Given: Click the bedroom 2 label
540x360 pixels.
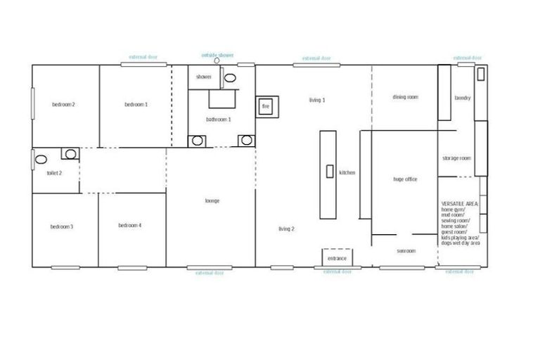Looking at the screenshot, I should (63, 105).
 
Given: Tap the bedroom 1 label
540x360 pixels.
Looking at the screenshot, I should (136, 105).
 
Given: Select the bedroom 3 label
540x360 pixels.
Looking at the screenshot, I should (62, 226).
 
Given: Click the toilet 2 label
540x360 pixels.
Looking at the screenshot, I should (54, 172).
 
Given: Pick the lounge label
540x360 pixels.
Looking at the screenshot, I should (212, 201).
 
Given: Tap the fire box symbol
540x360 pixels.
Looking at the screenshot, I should (266, 106).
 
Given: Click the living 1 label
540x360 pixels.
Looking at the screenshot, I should (316, 101).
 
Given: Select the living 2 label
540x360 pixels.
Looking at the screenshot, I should (286, 229).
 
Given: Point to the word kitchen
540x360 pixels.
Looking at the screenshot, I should (347, 172).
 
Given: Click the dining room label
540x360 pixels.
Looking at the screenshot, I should (405, 97).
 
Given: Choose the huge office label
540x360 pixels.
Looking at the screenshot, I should (405, 179).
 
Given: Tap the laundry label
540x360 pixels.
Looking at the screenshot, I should (462, 98).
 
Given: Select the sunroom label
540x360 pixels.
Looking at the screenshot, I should (406, 251).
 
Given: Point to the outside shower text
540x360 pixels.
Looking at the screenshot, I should (217, 54).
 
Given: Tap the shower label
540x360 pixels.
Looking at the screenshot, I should (204, 77).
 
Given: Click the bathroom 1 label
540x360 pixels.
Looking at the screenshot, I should (219, 120).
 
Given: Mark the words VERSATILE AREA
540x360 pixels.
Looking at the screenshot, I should (458, 202).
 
